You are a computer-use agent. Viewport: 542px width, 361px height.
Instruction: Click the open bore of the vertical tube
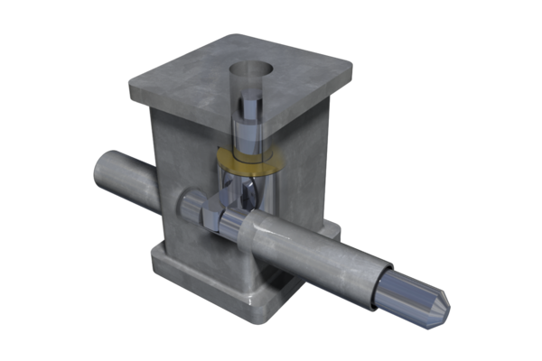(x=250, y=71)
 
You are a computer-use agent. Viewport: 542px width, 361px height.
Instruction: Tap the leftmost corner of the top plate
(x=133, y=86)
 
